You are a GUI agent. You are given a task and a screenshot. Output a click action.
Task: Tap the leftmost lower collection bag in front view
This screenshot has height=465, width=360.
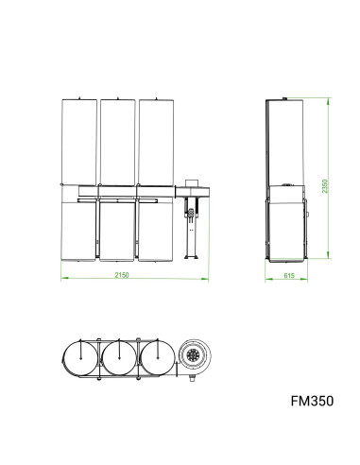coord(77,230)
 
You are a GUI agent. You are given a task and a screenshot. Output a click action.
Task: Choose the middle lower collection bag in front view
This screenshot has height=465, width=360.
coord(117,230)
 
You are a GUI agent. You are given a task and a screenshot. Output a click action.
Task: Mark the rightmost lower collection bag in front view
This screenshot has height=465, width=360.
coord(156,230)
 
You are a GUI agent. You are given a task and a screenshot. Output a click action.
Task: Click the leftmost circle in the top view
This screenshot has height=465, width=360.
coord(80,359)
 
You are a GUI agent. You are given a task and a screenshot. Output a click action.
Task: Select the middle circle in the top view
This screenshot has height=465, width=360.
coord(119,359)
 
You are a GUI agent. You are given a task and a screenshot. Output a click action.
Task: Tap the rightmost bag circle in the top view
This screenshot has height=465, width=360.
coord(156,359)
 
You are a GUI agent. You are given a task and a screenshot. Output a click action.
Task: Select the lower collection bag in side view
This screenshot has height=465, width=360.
coord(286,227)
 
